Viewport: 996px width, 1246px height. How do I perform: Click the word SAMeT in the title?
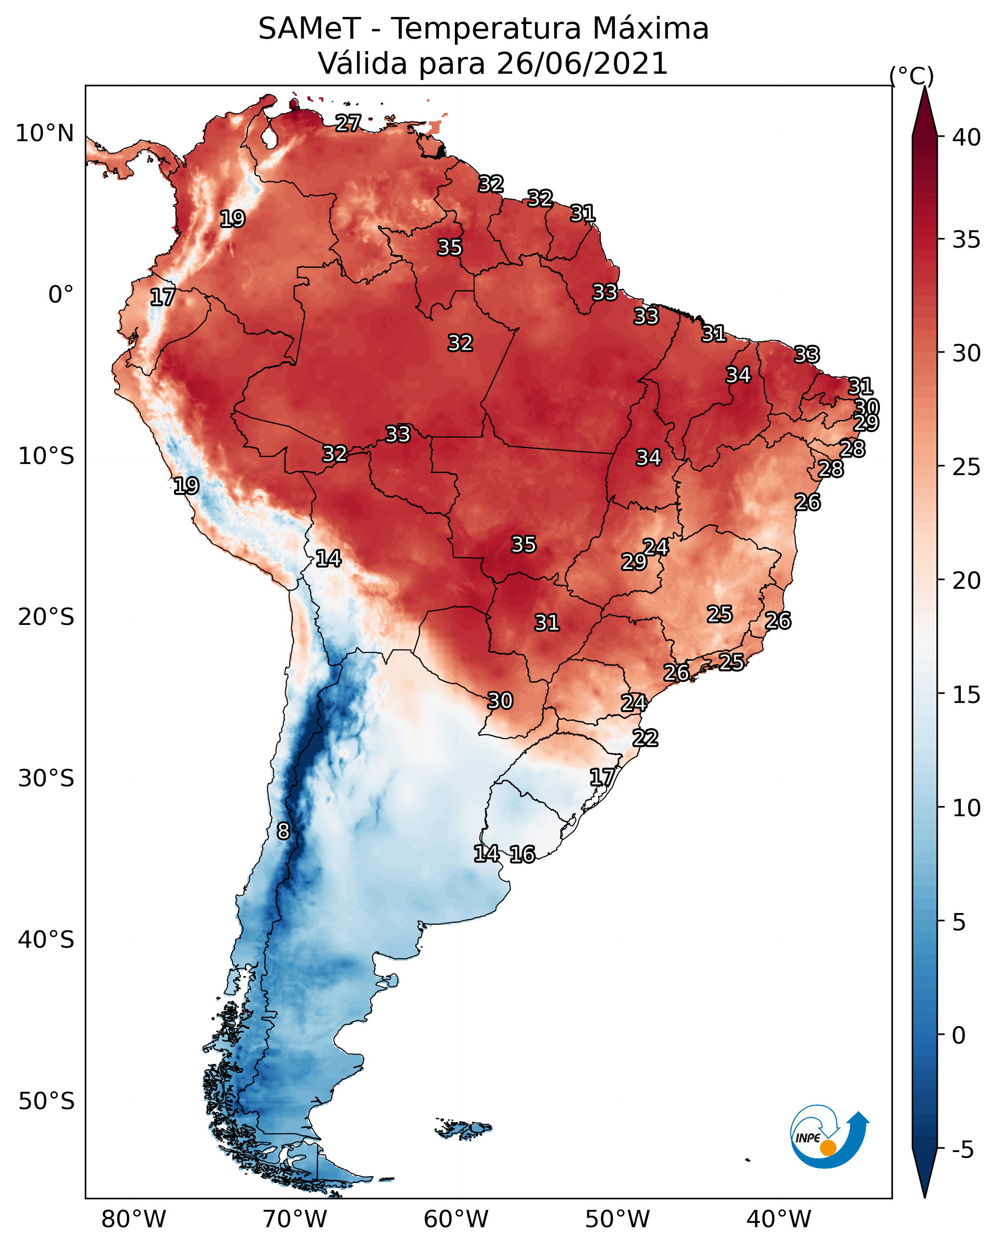[309, 29]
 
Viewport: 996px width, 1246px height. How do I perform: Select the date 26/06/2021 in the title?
[582, 64]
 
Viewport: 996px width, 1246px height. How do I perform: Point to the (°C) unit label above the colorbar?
[911, 76]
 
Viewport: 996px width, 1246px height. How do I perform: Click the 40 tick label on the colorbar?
[967, 137]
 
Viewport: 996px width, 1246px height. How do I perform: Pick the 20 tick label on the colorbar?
[967, 580]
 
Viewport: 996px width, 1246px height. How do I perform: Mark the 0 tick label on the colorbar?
[958, 1035]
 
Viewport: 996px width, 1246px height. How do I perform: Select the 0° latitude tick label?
[61, 295]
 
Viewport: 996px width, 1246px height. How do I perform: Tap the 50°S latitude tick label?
[46, 1101]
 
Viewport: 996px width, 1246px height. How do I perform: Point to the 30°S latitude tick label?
[46, 779]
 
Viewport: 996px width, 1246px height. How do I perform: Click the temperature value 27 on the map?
[348, 123]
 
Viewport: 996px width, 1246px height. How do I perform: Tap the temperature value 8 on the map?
[283, 831]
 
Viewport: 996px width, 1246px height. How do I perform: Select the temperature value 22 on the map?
[645, 738]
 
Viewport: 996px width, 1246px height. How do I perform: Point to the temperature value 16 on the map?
[522, 854]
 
